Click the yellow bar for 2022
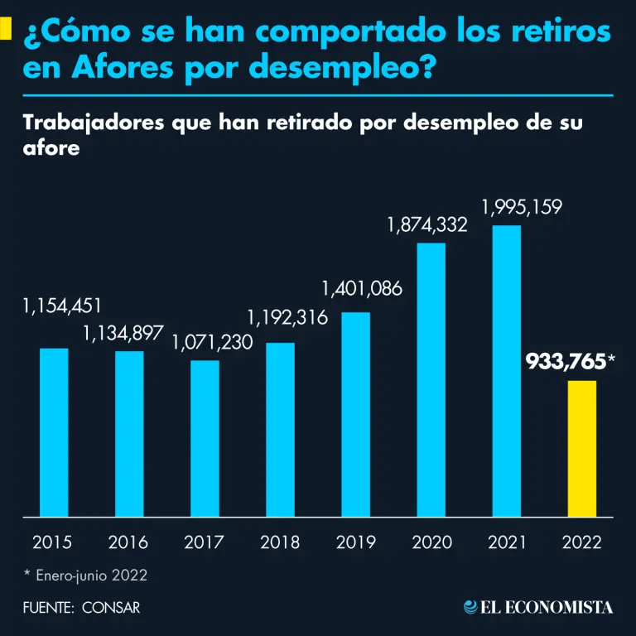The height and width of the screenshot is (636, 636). [583, 448]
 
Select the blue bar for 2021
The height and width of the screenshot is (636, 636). [507, 370]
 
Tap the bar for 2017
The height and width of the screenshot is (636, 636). [205, 438]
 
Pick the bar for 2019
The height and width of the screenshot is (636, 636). [356, 414]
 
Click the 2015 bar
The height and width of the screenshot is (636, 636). [54, 432]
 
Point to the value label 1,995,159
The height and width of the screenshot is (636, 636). [523, 207]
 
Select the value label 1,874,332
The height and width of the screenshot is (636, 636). [427, 224]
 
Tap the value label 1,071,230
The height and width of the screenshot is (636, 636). [212, 342]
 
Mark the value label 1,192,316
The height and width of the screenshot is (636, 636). [287, 317]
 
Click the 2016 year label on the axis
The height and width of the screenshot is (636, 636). [128, 542]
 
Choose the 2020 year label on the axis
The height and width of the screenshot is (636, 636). [431, 542]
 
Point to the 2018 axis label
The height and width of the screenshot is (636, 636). [280, 542]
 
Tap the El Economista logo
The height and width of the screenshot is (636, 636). [538, 607]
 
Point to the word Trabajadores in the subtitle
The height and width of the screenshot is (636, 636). [92, 123]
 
